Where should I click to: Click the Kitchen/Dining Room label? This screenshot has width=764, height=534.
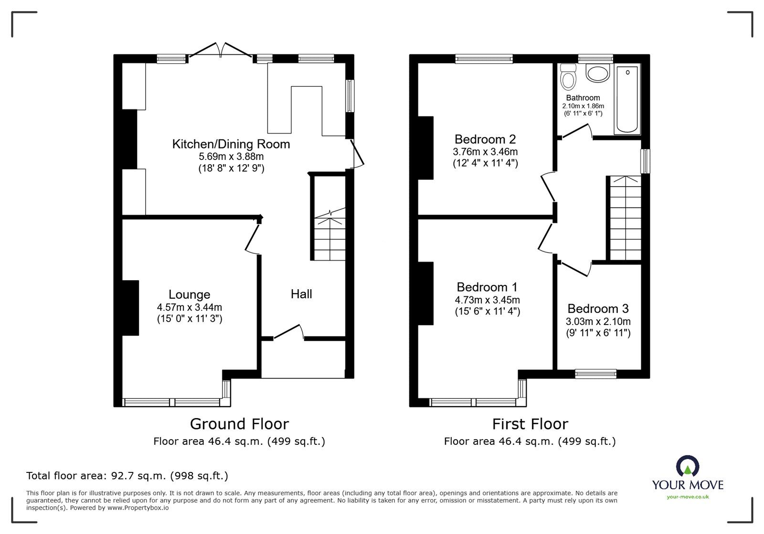tap(231, 144)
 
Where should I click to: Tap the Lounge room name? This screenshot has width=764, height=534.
tap(189, 294)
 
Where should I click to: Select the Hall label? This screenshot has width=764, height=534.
tap(301, 294)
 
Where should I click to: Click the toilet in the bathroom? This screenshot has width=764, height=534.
tap(568, 77)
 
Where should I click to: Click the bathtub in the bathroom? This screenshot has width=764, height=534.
tap(627, 99)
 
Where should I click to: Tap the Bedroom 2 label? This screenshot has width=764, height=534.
tap(485, 139)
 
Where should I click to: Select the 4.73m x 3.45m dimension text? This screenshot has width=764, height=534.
tap(487, 300)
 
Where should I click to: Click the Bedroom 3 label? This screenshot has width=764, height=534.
tap(598, 308)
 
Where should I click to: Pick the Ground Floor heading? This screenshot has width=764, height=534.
tap(239, 424)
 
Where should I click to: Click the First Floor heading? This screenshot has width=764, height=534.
tap(530, 424)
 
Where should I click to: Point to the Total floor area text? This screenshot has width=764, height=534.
tap(127, 476)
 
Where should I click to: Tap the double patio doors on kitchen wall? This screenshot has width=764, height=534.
tap(221, 52)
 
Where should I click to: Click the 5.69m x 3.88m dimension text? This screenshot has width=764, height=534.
tap(231, 157)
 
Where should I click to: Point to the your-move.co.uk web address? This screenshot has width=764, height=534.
tap(688, 497)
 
